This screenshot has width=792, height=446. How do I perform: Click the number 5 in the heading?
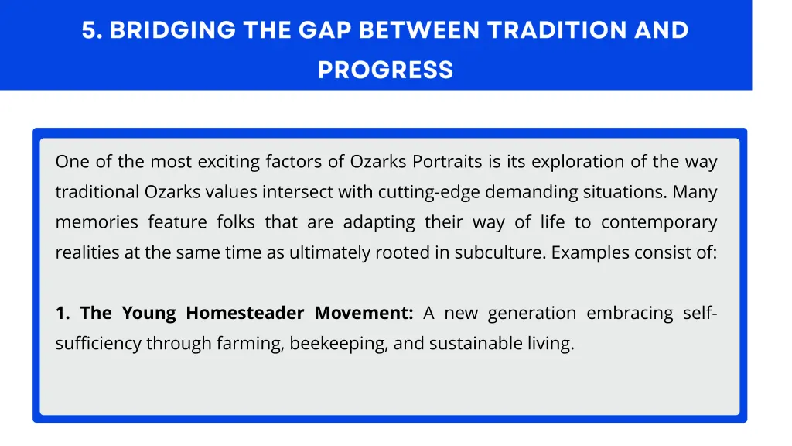tap(89, 30)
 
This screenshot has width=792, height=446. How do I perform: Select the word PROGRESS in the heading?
tap(385, 70)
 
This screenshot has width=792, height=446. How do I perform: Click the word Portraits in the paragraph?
tap(449, 162)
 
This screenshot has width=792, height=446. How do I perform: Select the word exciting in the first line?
tap(229, 162)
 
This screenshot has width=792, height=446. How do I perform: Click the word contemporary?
tap(659, 222)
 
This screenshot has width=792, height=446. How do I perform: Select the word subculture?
tap(500, 252)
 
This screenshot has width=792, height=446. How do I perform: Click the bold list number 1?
tap(62, 313)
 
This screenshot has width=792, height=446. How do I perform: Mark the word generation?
tap(532, 313)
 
